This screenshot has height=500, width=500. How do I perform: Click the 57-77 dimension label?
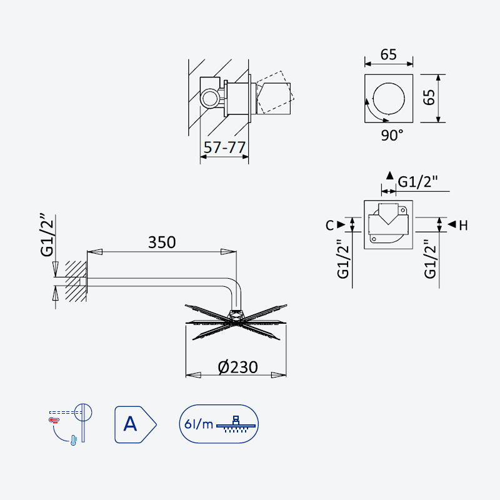[x=224, y=147]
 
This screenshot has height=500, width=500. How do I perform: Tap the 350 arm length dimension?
[x=162, y=242]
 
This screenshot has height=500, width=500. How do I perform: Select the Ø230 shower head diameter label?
[x=237, y=367]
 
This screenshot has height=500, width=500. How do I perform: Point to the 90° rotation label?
[x=392, y=135]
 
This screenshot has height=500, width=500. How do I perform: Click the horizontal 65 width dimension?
[x=388, y=54]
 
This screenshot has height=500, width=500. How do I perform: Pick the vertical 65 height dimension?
[x=429, y=97]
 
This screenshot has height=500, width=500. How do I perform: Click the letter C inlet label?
[x=330, y=225]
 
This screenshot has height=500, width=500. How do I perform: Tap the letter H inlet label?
[x=463, y=226]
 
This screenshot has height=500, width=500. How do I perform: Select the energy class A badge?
[x=136, y=424]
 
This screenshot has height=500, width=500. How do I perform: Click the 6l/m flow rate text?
[x=199, y=424]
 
